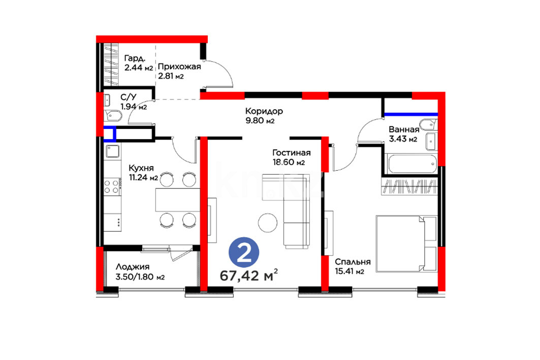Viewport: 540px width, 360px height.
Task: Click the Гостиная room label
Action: point(292,152)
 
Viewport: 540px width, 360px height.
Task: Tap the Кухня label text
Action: point(141,168)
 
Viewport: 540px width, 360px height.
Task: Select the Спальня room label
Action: point(353,262)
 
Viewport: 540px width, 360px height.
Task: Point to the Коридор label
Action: point(264,111)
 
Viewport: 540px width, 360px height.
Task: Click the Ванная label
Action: point(404,129)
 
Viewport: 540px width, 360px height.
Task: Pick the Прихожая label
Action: point(179,67)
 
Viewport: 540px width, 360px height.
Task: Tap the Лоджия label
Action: point(133,267)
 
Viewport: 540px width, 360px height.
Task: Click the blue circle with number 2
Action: point(244,252)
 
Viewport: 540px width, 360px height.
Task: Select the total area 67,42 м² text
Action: point(249,275)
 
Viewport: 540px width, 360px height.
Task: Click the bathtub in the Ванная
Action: point(412,164)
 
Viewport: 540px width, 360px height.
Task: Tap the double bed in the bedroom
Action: point(407,244)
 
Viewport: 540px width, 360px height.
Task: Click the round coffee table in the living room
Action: point(268,223)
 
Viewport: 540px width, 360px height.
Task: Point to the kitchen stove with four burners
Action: point(112,186)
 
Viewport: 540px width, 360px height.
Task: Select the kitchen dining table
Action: point(178,200)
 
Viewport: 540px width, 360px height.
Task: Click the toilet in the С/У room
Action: point(113,116)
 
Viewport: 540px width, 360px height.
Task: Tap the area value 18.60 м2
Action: point(289,162)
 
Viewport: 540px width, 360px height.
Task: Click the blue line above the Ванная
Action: point(411,114)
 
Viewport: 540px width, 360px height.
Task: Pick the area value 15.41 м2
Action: point(350,272)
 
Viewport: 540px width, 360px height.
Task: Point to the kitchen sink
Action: point(112,151)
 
